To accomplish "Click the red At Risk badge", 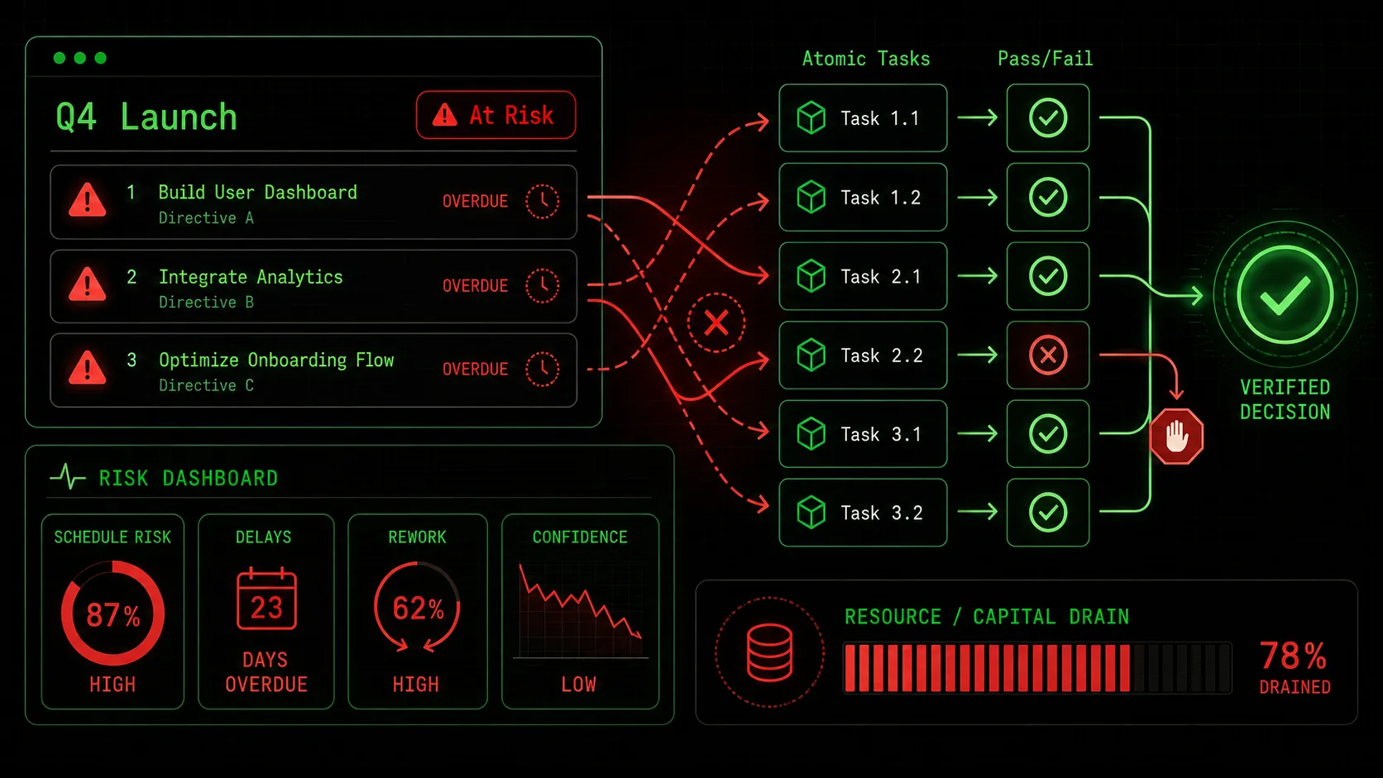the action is pos(495,115).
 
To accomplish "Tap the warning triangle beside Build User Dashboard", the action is pos(87,200).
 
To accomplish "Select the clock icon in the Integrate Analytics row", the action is pos(543,286).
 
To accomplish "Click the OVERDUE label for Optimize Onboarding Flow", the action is pos(475,369).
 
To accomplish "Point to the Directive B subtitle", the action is pos(206,303).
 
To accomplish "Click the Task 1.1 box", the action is pos(863,118).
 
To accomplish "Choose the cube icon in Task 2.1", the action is pos(811,276).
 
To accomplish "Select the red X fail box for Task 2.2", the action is pos(1048,355).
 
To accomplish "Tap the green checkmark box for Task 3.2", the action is pos(1048,512).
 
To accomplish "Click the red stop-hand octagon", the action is pos(1176,437).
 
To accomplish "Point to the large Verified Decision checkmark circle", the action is pos(1285,295).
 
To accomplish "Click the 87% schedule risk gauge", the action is pos(113,613).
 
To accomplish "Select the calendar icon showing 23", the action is pos(266,599).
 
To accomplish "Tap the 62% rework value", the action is pos(418,609).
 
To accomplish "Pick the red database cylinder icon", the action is pos(769,652).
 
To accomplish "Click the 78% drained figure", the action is pos(1294,655).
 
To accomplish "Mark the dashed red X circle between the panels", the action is pos(716,322).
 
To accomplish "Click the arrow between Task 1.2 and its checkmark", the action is pos(978,198).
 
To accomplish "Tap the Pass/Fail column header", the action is pos(1046,59).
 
